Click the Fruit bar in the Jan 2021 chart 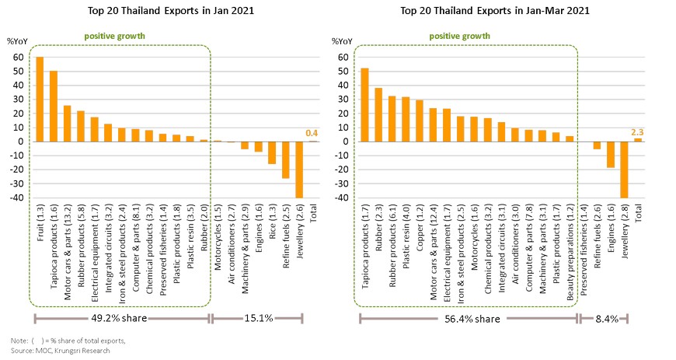pos(40,100)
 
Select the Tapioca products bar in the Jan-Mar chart pos(364,105)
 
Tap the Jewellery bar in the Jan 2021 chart pos(299,170)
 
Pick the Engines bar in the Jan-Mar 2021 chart pos(611,155)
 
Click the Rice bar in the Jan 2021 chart pos(271,152)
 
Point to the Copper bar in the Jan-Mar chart pos(419,121)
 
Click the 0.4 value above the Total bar pos(313,133)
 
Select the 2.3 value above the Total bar pos(638,131)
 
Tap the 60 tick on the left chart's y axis pos(17,58)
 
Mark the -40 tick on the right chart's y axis pos(340,197)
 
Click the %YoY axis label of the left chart pos(17,40)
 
